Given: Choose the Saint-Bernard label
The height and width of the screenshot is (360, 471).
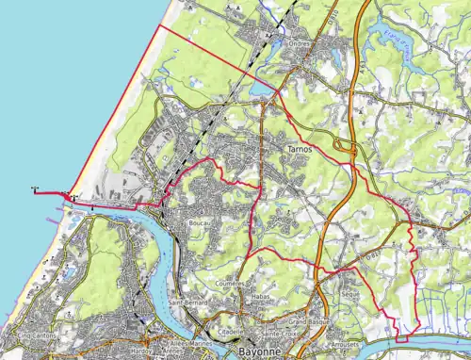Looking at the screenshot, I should click(x=189, y=302).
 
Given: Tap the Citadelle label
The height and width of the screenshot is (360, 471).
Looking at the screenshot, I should click(x=231, y=333).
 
